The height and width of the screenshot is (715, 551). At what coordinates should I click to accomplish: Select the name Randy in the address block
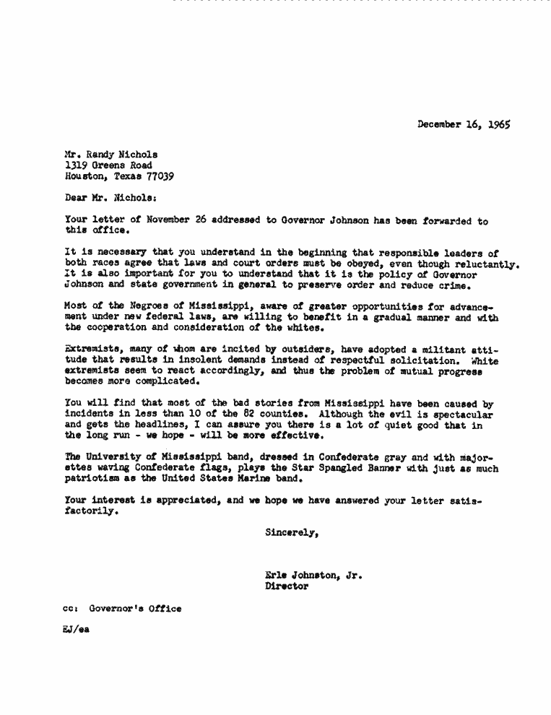[x=99, y=155]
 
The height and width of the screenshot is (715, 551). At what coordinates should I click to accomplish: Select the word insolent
[x=181, y=360]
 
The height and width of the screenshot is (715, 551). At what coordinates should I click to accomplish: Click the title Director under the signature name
[x=287, y=586]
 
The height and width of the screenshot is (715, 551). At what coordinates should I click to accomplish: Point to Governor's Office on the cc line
[x=135, y=608]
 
